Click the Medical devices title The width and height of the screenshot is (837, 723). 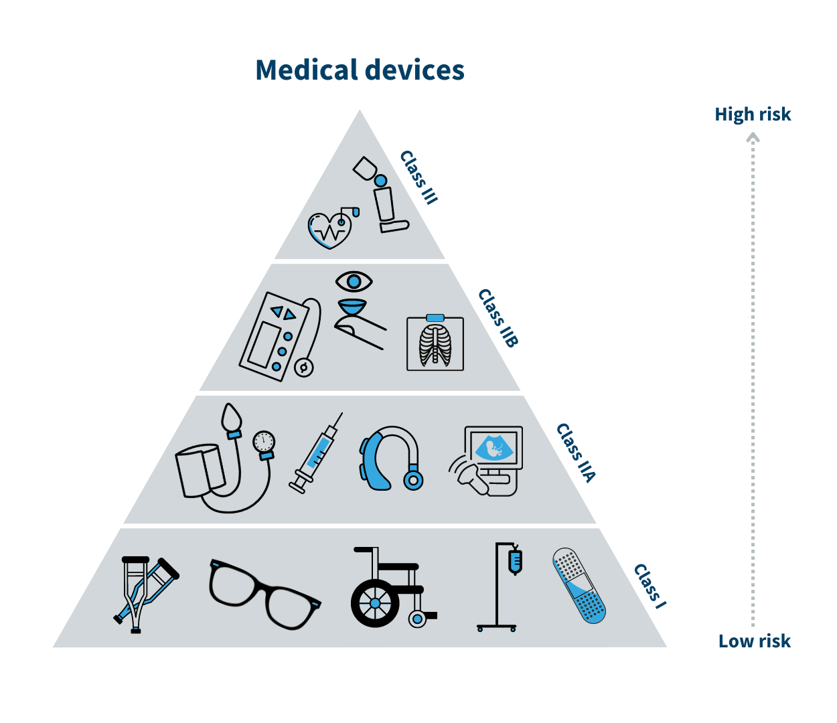tap(360, 70)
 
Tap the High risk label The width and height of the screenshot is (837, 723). tap(753, 114)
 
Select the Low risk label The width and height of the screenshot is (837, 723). tap(754, 641)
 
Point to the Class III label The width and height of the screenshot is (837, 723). tap(418, 177)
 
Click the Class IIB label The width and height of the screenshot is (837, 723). tap(498, 318)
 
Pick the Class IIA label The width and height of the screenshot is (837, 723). tap(576, 453)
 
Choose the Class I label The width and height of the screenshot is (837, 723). tap(650, 586)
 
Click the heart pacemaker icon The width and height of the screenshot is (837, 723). tap(330, 230)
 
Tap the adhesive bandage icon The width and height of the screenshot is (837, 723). tap(579, 586)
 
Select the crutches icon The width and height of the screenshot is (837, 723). tap(143, 592)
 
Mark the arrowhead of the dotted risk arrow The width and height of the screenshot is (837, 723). tap(753, 137)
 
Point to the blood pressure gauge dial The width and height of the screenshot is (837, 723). tap(264, 442)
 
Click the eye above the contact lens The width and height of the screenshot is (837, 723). tap(354, 281)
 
